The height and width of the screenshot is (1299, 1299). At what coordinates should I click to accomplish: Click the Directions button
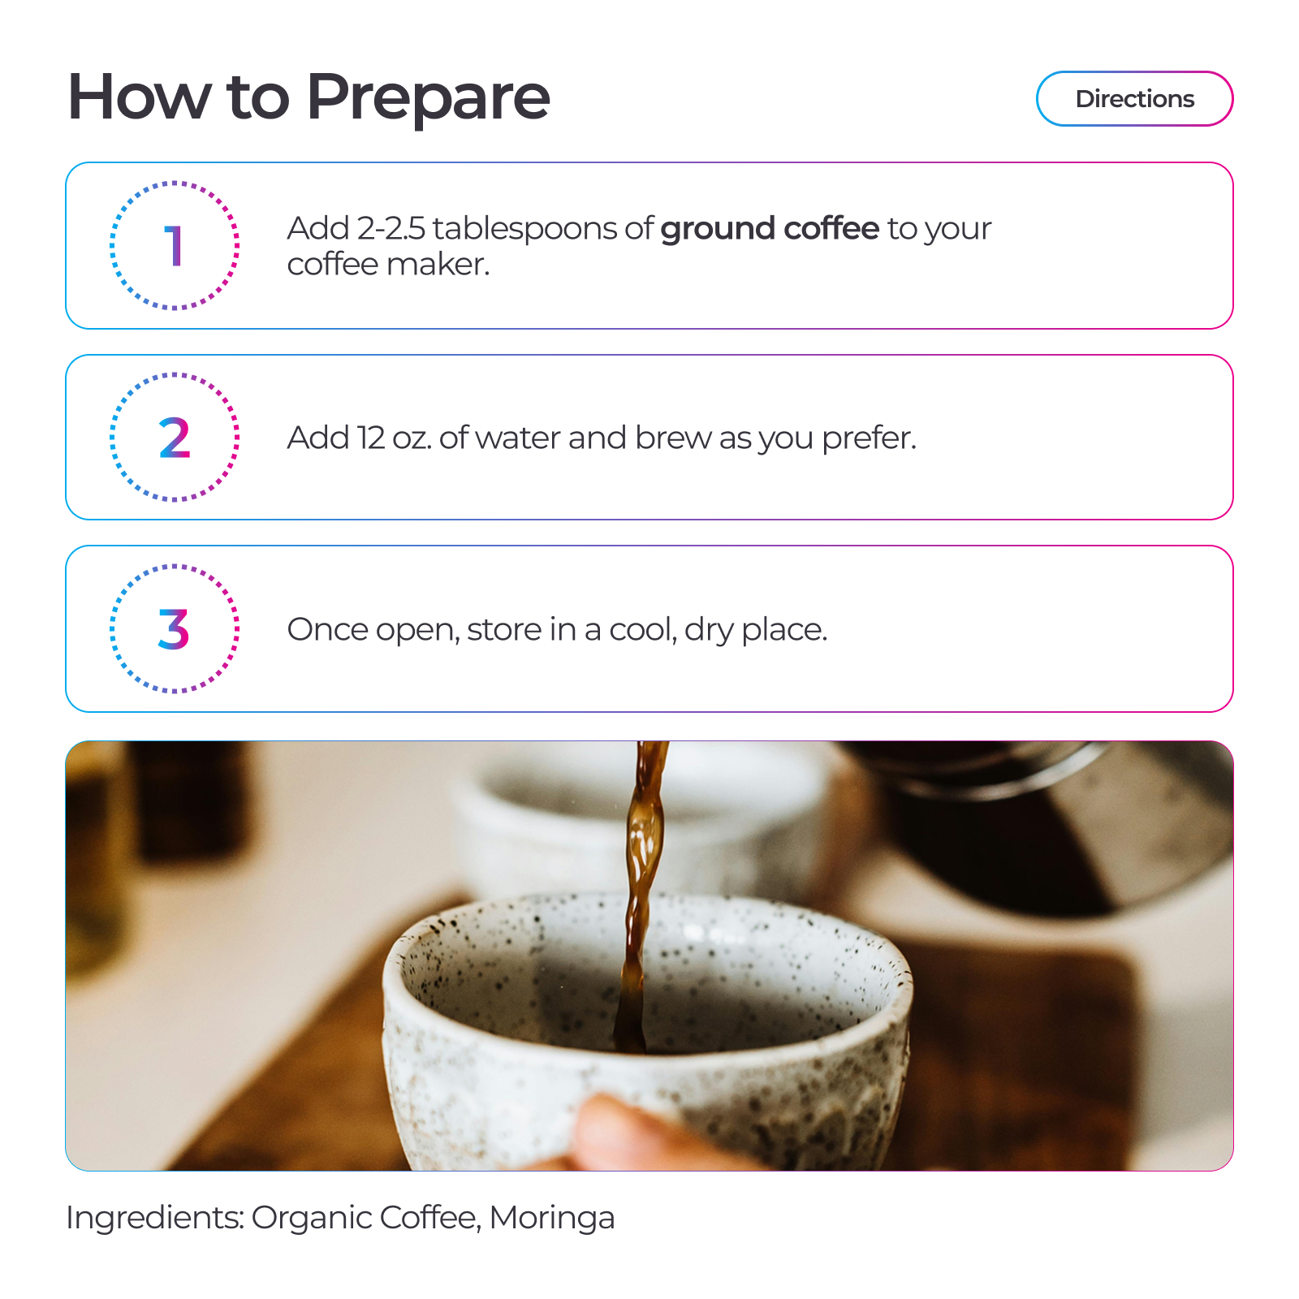tap(1134, 99)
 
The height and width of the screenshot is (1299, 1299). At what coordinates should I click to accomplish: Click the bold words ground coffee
tap(770, 230)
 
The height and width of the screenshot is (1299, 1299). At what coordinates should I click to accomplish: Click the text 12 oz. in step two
tap(395, 438)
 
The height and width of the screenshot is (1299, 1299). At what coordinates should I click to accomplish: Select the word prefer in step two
tap(869, 439)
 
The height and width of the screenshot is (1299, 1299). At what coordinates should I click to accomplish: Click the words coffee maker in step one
tap(388, 265)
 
